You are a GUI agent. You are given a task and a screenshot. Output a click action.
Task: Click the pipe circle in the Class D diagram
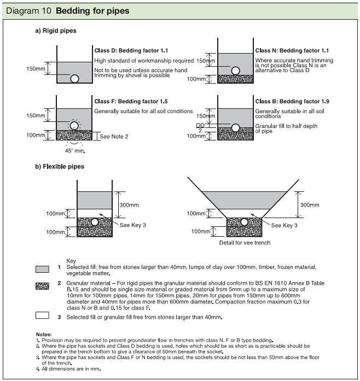(75, 78)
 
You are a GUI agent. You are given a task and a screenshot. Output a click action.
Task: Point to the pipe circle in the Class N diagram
(235, 71)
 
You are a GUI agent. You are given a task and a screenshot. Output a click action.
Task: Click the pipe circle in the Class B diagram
(235, 128)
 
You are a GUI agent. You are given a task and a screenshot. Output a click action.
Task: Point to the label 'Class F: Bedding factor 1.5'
(131, 102)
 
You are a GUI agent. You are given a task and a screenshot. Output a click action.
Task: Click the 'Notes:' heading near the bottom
(43, 333)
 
